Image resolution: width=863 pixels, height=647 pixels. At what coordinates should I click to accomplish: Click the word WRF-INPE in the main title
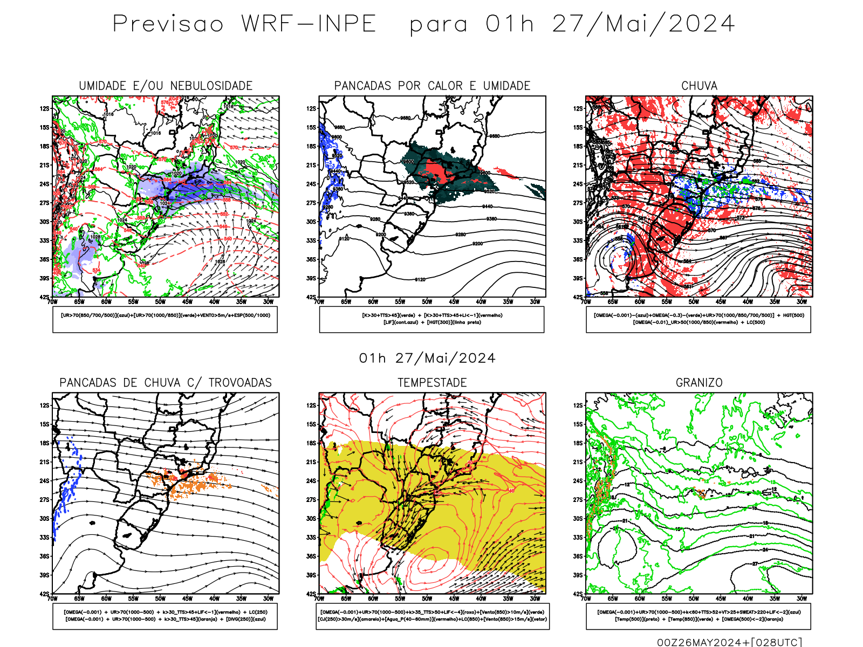(309, 24)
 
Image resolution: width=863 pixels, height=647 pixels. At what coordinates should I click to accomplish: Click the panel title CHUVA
(699, 86)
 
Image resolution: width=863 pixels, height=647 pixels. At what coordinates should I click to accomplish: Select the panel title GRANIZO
(699, 383)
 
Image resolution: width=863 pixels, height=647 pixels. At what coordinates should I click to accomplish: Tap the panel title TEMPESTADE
(432, 383)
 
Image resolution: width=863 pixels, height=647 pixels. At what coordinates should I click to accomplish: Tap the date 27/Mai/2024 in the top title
(643, 24)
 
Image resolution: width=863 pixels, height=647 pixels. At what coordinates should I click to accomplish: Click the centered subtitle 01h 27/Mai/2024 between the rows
(427, 359)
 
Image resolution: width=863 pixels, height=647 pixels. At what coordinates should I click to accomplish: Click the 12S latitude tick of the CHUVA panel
(578, 108)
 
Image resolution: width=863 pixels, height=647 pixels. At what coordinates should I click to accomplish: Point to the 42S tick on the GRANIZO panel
(578, 594)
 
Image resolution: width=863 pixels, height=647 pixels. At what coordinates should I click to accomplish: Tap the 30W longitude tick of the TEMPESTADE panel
(535, 598)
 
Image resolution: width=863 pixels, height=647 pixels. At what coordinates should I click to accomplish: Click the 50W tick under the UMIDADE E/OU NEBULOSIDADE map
(160, 302)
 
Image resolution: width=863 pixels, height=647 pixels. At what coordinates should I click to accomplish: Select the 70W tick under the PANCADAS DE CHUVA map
(52, 598)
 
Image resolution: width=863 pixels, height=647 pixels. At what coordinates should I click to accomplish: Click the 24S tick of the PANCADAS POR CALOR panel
(311, 184)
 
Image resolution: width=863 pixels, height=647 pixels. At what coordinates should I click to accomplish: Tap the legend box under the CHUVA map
(698, 319)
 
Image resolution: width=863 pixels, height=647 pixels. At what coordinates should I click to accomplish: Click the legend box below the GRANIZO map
(698, 616)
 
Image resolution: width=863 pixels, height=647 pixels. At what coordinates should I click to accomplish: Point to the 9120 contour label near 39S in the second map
(420, 279)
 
